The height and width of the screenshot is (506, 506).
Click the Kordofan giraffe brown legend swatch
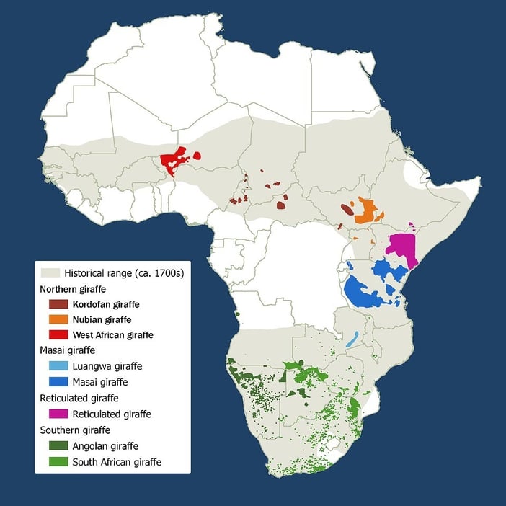58,304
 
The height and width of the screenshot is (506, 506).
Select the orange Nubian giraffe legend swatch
58,319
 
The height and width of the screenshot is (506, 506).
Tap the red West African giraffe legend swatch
58,335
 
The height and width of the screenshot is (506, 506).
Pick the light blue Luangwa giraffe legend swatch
58,366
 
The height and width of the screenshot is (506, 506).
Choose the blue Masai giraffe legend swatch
58,382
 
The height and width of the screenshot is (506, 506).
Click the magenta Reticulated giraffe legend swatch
58,414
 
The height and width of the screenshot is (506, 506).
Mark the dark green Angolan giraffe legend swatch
58,445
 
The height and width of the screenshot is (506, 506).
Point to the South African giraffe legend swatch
58,461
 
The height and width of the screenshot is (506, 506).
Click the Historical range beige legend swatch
50,273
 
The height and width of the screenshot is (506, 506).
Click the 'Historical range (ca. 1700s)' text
123,273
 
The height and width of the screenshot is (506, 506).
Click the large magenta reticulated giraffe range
401,249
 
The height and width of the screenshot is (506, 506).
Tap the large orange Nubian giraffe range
366,210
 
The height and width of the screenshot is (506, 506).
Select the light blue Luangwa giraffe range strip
352,339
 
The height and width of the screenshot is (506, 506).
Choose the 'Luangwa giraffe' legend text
105,366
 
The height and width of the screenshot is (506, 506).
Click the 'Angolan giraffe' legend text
105,445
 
